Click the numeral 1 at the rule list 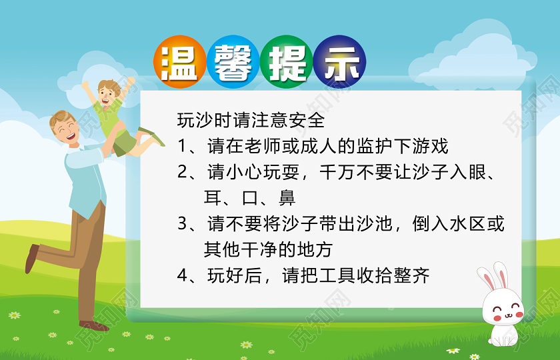[x=183, y=146]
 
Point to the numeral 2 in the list [x=183, y=172]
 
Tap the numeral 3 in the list [x=183, y=224]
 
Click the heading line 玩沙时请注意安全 [x=251, y=120]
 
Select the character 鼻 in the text [x=287, y=198]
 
